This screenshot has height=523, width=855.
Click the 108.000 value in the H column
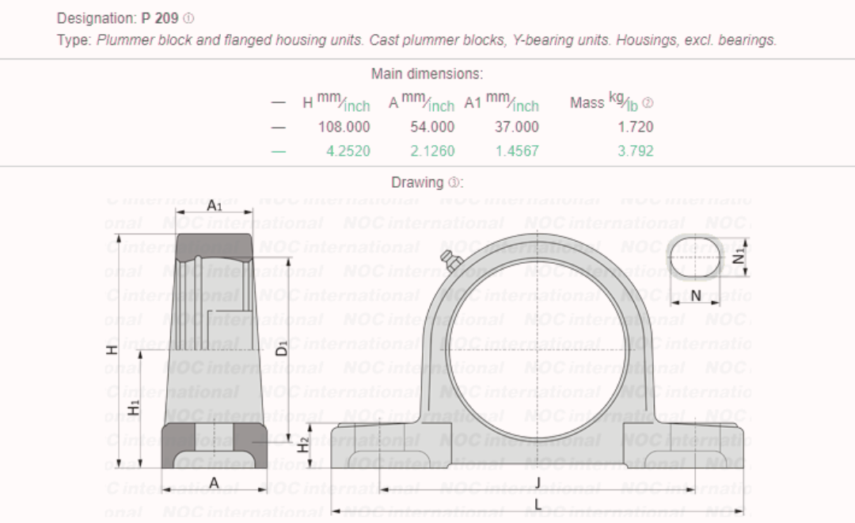[x=344, y=127]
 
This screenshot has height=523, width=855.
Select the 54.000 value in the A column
[x=432, y=127]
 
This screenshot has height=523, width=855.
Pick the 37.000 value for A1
[x=516, y=127]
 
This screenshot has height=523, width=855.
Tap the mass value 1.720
[x=635, y=127]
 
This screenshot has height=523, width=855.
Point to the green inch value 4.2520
[x=348, y=151]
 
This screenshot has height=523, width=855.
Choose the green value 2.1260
[x=432, y=151]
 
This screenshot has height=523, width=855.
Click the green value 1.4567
[x=516, y=151]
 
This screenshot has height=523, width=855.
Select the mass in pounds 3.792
[x=635, y=151]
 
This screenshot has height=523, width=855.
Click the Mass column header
[x=587, y=103]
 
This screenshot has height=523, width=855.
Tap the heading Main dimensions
[x=427, y=74]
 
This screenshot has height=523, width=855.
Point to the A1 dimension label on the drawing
[x=215, y=205]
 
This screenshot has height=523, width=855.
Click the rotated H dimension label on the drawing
[x=112, y=348]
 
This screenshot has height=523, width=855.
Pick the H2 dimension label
[x=305, y=445]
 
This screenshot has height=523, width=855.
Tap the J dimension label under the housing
[x=538, y=483]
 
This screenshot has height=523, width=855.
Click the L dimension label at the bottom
[x=538, y=505]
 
